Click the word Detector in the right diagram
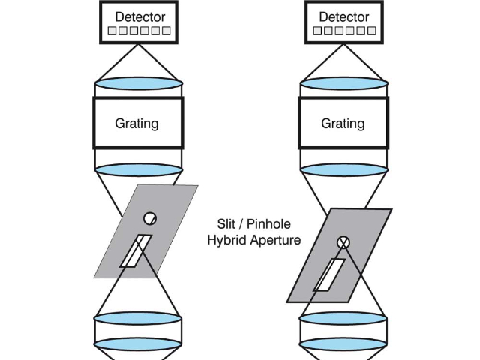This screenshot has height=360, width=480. click(x=343, y=16)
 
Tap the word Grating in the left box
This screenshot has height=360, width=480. click(x=137, y=122)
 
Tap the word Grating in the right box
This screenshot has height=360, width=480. click(x=343, y=122)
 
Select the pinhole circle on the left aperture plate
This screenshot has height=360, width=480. click(x=150, y=218)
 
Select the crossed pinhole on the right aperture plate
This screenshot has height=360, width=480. click(x=343, y=241)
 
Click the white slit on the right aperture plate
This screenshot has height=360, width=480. click(x=329, y=274)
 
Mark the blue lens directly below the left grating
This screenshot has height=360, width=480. click(x=138, y=169)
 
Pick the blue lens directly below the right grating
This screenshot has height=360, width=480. click(x=343, y=169)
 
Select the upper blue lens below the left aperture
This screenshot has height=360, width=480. click(x=138, y=317)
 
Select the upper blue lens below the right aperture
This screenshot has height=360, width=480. click(x=343, y=317)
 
